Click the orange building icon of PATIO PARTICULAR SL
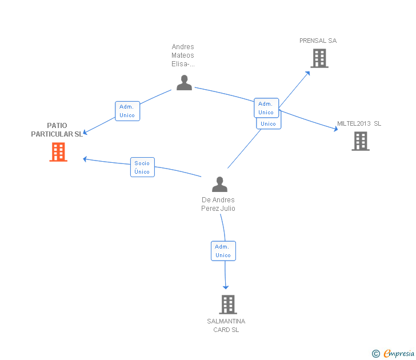click(58, 152)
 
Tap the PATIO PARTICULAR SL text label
click(57, 130)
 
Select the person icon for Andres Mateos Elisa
click(184, 82)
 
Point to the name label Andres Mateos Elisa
click(183, 55)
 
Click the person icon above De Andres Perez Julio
click(219, 184)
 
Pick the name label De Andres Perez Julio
click(218, 204)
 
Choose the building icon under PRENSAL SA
click(319, 58)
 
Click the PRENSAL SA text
click(318, 41)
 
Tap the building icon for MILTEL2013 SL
click(361, 141)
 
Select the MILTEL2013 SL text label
click(359, 123)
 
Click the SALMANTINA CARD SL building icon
click(227, 305)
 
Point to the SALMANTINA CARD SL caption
click(226, 325)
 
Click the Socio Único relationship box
click(142, 167)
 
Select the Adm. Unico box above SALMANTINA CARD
click(223, 251)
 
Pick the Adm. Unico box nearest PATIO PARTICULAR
click(127, 111)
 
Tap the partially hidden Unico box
click(268, 123)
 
